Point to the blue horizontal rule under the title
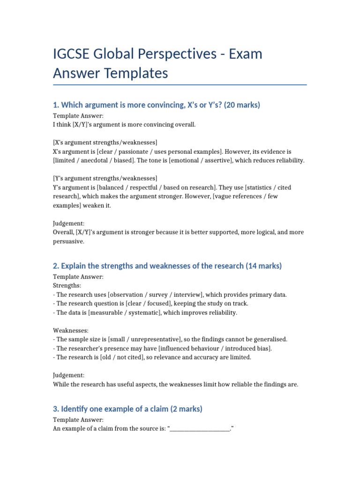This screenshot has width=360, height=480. coord(180,85)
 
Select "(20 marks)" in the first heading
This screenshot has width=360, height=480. coord(242,105)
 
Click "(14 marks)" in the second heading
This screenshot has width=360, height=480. coord(263,266)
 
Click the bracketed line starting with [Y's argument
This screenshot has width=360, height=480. coord(105,179)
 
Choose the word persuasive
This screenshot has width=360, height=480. coord(68,241)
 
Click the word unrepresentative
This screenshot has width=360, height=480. coord(152,339)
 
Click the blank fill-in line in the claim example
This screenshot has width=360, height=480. coord(200,428)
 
